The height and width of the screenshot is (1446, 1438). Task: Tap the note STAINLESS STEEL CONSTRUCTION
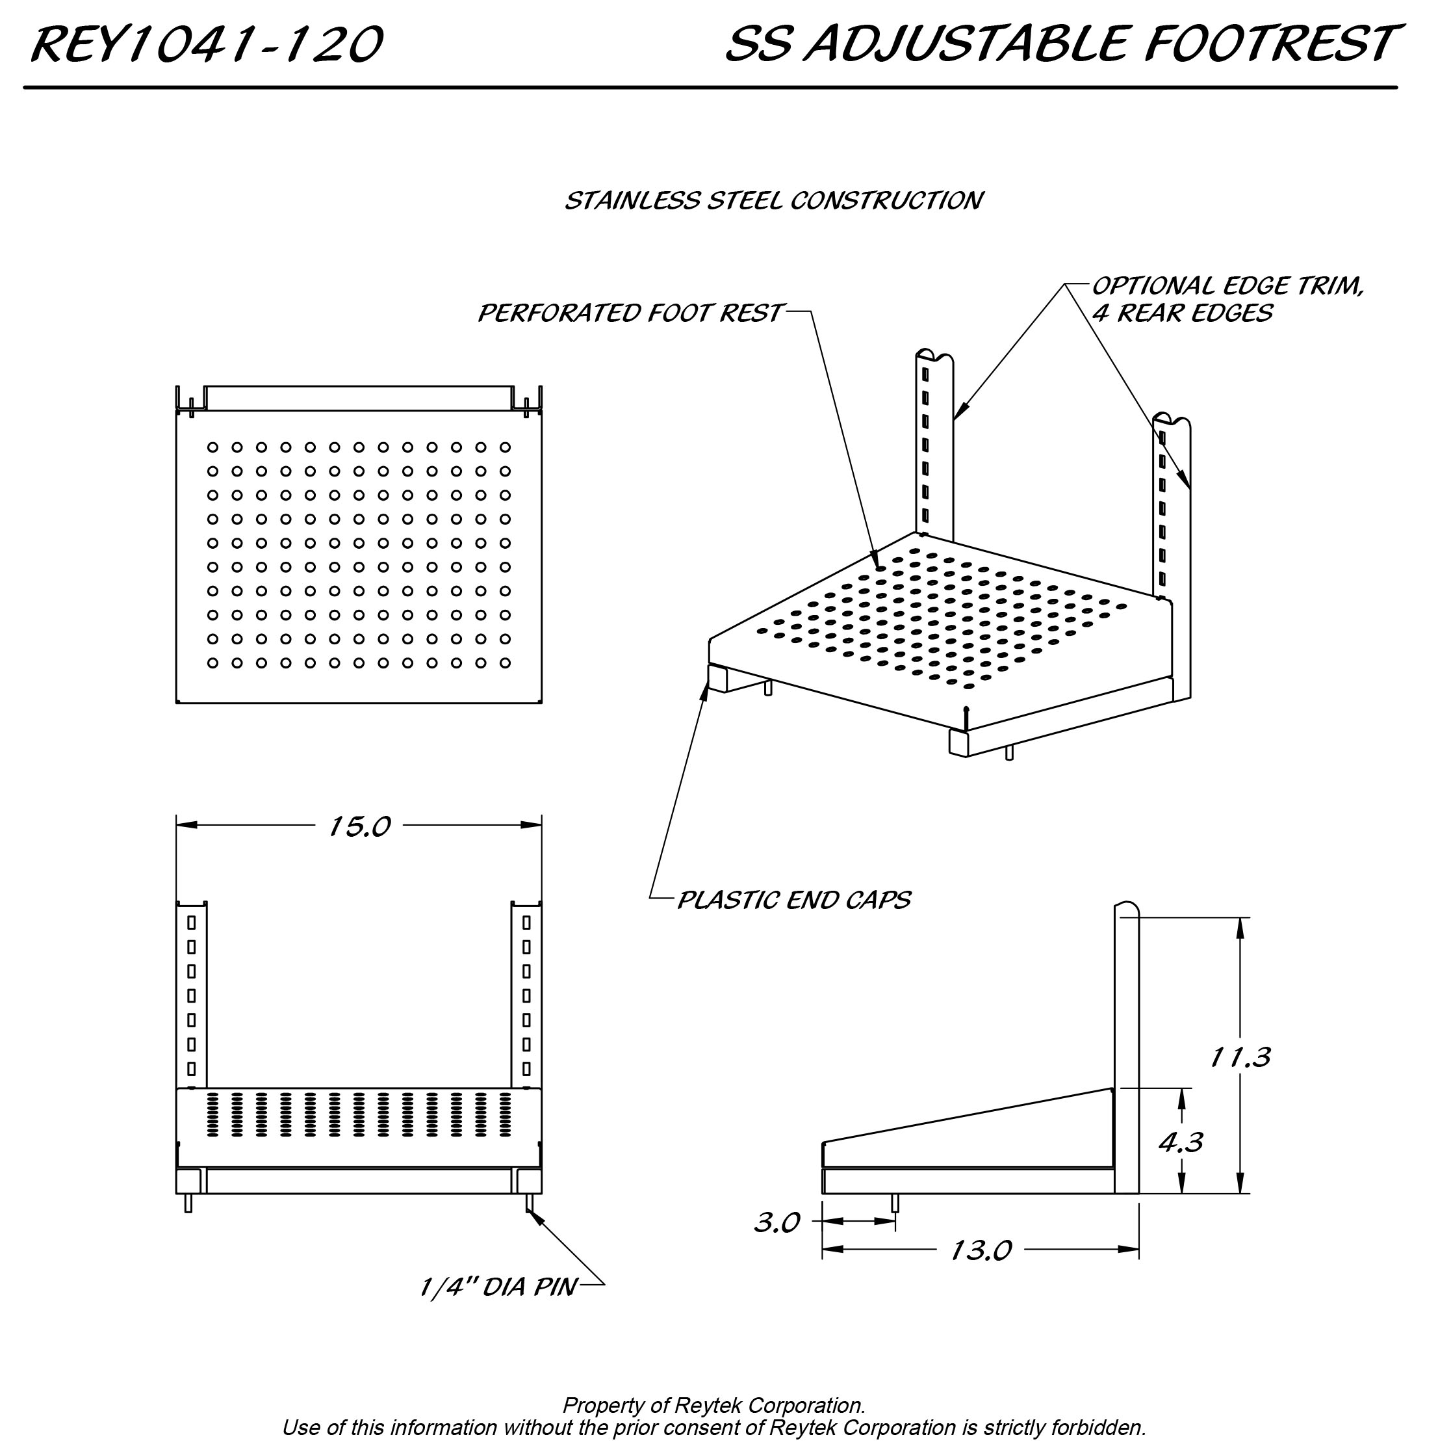pyautogui.click(x=774, y=201)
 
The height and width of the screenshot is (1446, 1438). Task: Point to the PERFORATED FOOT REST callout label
pyautogui.click(x=630, y=313)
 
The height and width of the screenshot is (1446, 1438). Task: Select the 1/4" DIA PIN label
pyautogui.click(x=498, y=1287)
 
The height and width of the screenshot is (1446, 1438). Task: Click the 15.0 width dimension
pyautogui.click(x=359, y=826)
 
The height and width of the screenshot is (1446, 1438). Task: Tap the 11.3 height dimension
pyautogui.click(x=1240, y=1057)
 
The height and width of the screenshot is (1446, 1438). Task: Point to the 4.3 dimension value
pyautogui.click(x=1181, y=1141)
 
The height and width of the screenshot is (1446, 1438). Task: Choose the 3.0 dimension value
pyautogui.click(x=777, y=1222)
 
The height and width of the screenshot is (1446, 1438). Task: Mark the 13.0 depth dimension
pyautogui.click(x=980, y=1250)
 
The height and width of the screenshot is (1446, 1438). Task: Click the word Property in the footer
pyautogui.click(x=602, y=1405)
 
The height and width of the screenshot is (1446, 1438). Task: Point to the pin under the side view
pyautogui.click(x=895, y=1203)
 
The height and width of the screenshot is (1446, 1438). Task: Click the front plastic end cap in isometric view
pyautogui.click(x=958, y=743)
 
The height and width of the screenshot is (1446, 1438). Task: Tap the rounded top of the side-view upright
pyautogui.click(x=1127, y=908)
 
